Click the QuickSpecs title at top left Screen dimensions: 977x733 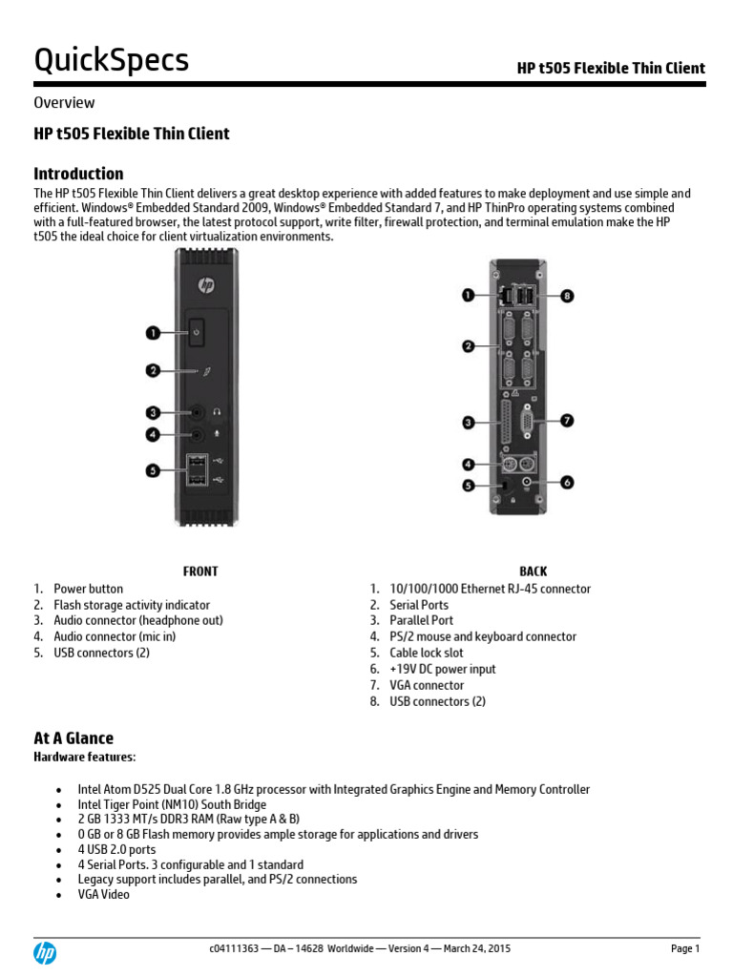click(112, 61)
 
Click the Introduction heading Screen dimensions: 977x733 click(78, 174)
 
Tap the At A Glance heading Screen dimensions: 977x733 click(73, 738)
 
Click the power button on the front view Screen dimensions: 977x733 click(196, 332)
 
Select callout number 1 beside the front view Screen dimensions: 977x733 click(153, 332)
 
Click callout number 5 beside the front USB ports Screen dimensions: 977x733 click(153, 468)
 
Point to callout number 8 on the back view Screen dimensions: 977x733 click(567, 297)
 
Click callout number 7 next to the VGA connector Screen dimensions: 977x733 click(567, 421)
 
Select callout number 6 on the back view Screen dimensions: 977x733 click(567, 483)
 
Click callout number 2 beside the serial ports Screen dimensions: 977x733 click(469, 346)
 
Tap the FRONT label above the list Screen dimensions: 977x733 click(200, 572)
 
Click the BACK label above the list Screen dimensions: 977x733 click(534, 572)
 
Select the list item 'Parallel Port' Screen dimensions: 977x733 click(421, 620)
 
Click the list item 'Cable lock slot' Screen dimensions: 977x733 click(426, 653)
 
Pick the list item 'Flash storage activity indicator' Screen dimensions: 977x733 click(132, 605)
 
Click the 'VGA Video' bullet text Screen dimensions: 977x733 click(104, 895)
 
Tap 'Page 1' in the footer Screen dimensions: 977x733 click(685, 949)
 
